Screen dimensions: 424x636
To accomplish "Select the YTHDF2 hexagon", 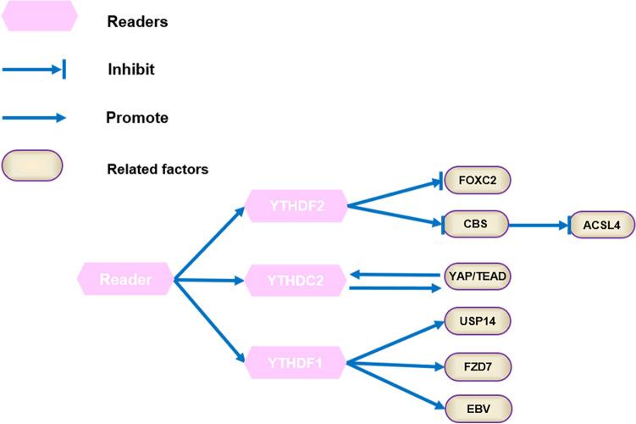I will [296, 205].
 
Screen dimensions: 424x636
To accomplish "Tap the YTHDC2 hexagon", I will [296, 280].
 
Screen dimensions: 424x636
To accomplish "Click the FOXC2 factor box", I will [478, 181].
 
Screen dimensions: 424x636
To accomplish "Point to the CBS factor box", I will [478, 225].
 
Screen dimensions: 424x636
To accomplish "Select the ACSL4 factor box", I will [601, 225].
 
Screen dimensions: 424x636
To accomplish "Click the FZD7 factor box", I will [478, 365].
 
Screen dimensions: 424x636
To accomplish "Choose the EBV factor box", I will [478, 410].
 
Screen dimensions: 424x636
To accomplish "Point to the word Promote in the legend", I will [136, 118].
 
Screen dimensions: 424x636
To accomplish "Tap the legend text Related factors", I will [158, 169].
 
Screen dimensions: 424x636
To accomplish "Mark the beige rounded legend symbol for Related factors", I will [32, 165].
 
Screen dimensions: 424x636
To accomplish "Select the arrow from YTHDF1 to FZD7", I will [395, 365].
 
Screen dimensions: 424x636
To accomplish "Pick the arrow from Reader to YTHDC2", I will [207, 279].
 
